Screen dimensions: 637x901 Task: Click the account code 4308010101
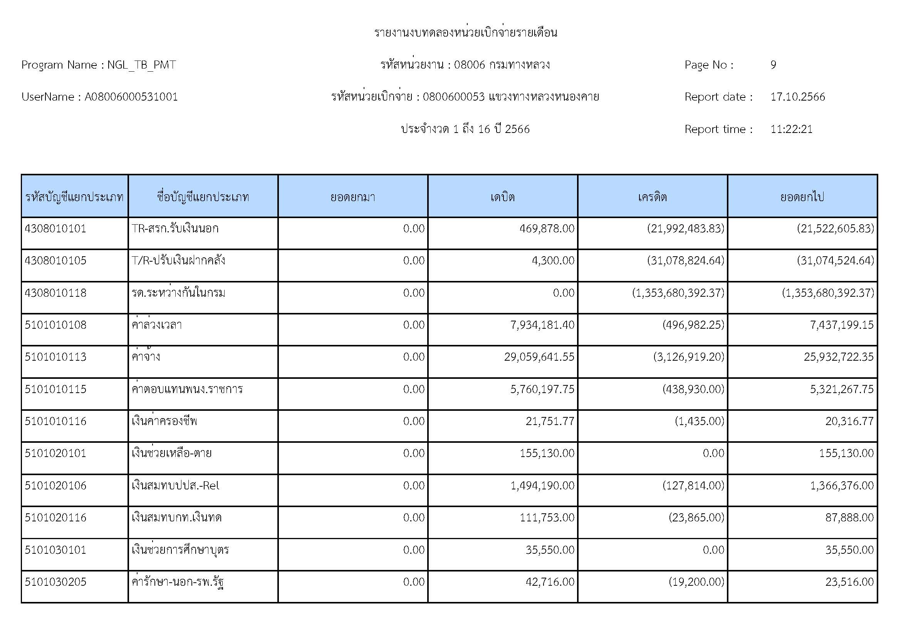[55, 229]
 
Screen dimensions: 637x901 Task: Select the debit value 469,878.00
[547, 229]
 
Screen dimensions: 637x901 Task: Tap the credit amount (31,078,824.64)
[685, 261]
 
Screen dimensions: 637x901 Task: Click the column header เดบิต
[502, 197]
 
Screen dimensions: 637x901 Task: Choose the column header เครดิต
[652, 197]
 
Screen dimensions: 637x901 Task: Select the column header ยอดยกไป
[802, 197]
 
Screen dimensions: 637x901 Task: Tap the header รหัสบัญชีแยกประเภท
[75, 197]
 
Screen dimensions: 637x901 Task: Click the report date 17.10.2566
[797, 97]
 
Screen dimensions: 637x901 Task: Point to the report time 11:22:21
[791, 129]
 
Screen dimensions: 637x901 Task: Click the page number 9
[773, 65]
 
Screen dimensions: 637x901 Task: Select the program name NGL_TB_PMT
[141, 65]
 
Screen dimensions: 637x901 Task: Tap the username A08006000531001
[131, 97]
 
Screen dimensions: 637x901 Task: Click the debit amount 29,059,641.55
[539, 357]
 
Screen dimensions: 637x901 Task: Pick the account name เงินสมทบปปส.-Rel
[175, 486]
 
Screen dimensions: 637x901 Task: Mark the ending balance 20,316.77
[849, 421]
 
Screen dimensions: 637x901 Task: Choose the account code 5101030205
[55, 582]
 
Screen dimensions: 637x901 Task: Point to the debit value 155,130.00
[547, 453]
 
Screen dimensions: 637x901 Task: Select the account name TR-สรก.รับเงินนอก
[175, 229]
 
